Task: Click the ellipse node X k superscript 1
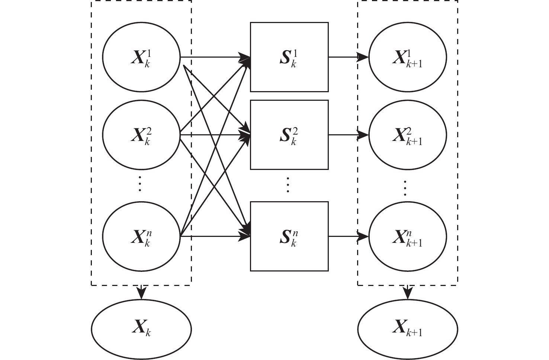click(x=141, y=57)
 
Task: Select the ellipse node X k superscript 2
click(x=141, y=135)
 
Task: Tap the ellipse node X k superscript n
click(x=141, y=236)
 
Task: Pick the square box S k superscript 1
click(x=289, y=57)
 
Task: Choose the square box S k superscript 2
click(x=289, y=135)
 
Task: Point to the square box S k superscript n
click(x=289, y=236)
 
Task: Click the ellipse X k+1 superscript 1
click(x=408, y=57)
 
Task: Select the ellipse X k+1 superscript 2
click(x=408, y=135)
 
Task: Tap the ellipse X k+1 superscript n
click(x=408, y=236)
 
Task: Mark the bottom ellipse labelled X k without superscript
click(x=141, y=329)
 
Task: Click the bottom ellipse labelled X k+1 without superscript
click(x=408, y=329)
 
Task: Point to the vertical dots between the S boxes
click(x=288, y=185)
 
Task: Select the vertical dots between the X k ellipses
click(x=140, y=183)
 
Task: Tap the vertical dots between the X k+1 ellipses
click(x=405, y=188)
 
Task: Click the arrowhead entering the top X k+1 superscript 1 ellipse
click(x=363, y=57)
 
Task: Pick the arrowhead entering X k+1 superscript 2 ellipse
click(x=363, y=135)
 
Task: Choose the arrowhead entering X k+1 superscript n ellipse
click(x=363, y=236)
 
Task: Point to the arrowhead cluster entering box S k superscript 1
click(x=245, y=60)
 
